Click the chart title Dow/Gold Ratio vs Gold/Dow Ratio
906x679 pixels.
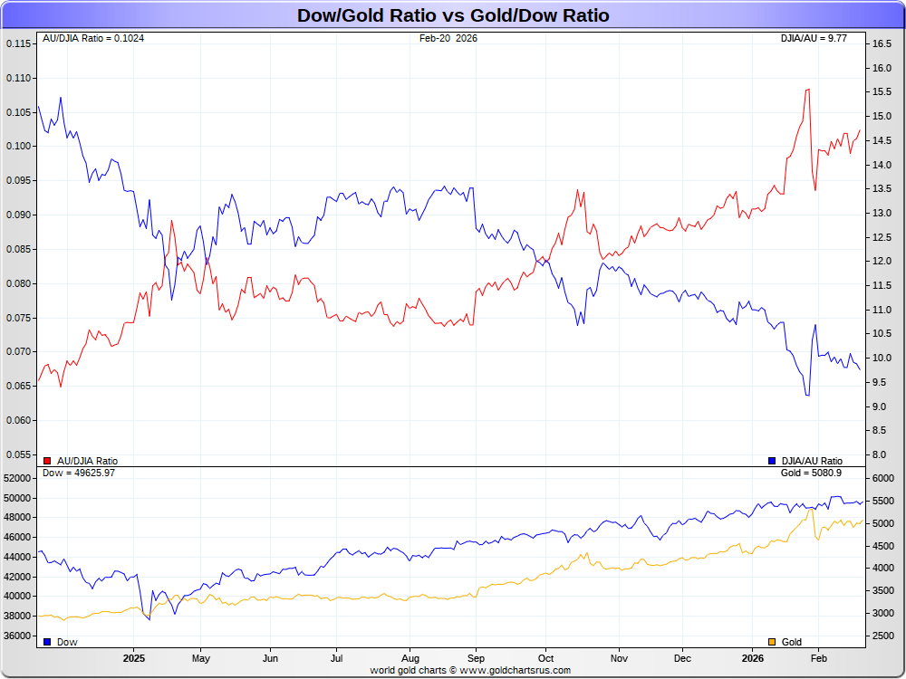453,15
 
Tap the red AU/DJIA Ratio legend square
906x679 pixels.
47,461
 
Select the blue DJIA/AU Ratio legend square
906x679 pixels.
772,461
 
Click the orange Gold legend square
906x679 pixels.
772,642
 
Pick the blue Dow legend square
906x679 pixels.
47,642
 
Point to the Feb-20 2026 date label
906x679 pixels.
448,38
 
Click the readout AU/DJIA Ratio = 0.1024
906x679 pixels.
93,38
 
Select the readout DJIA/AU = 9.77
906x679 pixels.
814,38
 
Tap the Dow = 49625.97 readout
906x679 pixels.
79,473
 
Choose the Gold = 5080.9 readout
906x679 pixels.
811,473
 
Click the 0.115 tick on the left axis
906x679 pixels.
18,43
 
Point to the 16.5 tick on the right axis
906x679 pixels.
882,43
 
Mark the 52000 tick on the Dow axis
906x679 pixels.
18,478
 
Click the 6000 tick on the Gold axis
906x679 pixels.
882,478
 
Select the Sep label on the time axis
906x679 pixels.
477,659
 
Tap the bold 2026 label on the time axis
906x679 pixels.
753,659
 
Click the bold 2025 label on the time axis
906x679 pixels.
134,659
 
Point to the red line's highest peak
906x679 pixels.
806,89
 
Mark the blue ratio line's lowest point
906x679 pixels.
806,396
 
